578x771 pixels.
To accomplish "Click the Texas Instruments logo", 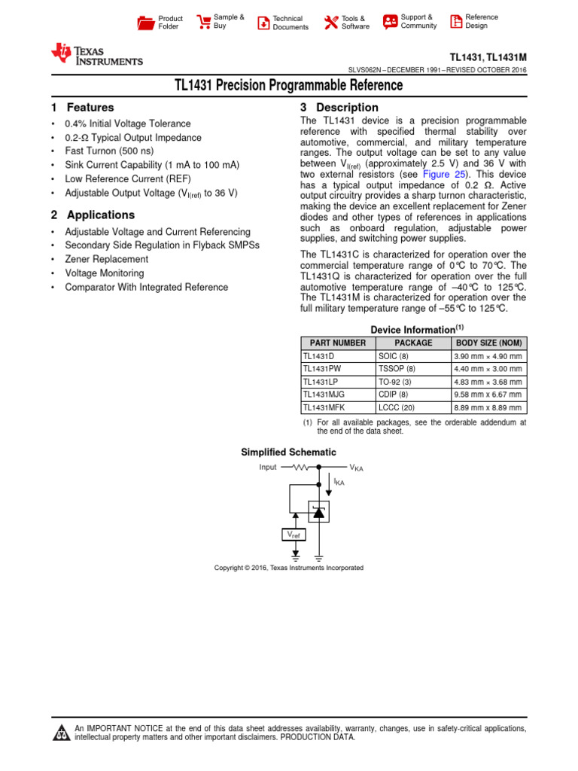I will [x=96, y=55].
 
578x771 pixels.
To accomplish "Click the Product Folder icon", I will [x=145, y=23].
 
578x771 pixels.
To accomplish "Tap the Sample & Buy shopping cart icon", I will [x=203, y=22].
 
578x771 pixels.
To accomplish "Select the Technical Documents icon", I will [x=263, y=23].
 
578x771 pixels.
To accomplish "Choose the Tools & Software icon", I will [x=331, y=23].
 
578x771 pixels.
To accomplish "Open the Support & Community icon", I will [x=390, y=22].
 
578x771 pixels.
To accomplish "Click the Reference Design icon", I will [x=456, y=22].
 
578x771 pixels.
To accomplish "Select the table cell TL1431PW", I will [x=322, y=369].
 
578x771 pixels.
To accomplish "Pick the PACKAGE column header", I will [x=413, y=343].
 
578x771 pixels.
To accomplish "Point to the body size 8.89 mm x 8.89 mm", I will [x=488, y=407].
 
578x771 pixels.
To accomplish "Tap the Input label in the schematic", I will [x=268, y=467].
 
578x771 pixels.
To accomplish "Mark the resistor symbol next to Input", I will [x=301, y=467].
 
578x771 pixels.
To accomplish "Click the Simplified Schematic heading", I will [x=288, y=452].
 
